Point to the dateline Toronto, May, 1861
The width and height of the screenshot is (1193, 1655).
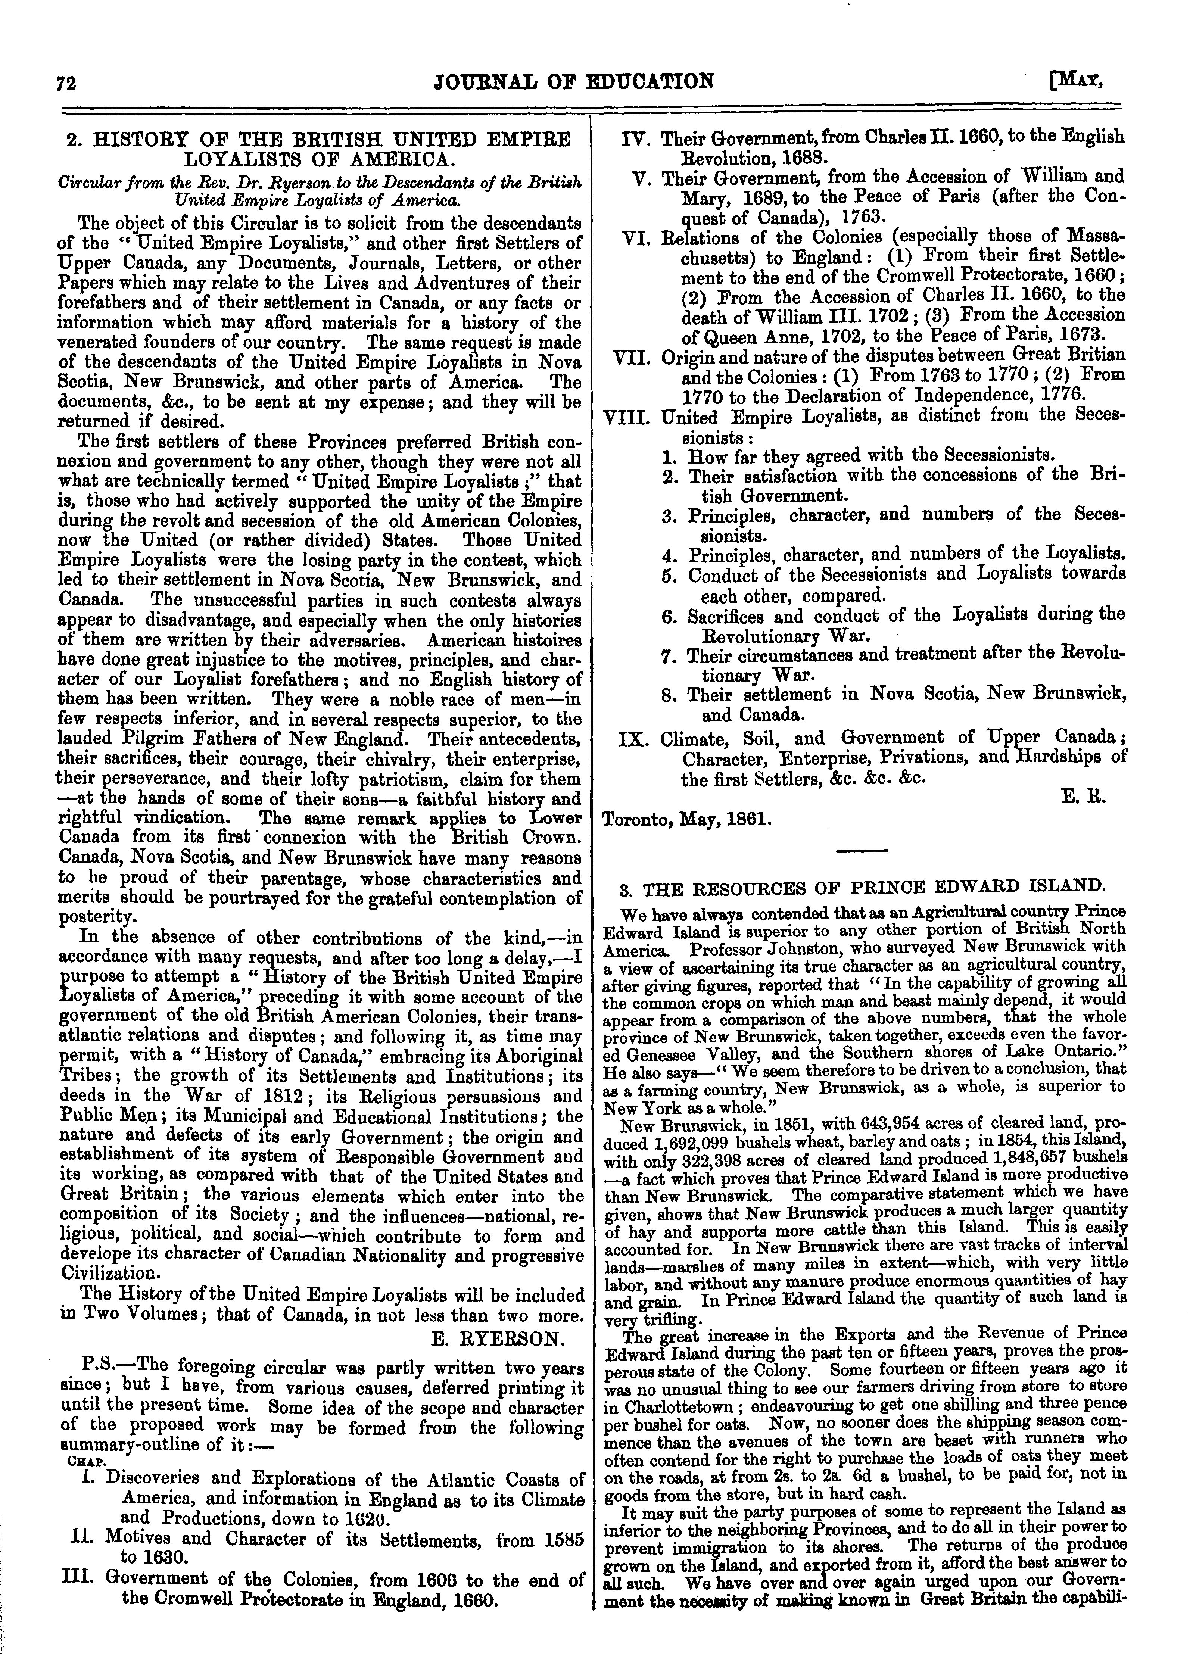click(x=686, y=819)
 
